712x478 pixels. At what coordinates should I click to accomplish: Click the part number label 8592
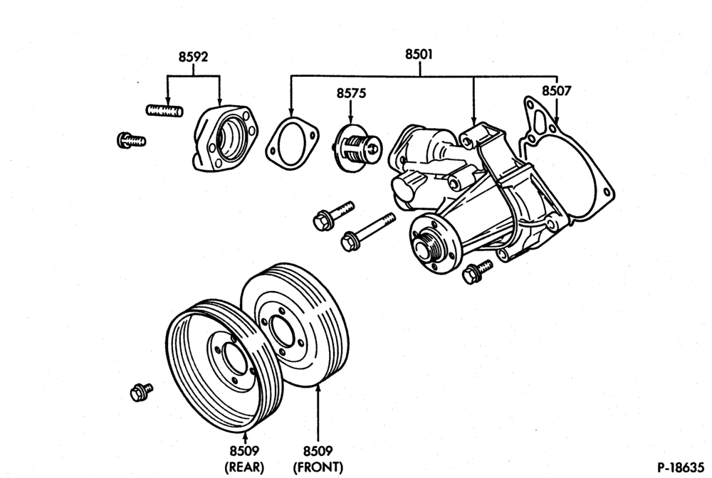coord(193,57)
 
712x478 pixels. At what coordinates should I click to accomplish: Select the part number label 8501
coord(419,55)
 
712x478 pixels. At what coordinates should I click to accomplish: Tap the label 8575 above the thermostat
coord(351,93)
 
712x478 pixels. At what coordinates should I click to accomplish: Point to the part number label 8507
coord(556,91)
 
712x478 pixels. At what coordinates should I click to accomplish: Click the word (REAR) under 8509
coord(244,467)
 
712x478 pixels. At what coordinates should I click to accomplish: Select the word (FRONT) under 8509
coord(318,467)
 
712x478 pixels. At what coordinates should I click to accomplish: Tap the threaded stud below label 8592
coord(164,110)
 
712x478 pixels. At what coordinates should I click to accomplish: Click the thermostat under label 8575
coord(358,148)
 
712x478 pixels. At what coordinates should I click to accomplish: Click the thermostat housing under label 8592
coord(225,138)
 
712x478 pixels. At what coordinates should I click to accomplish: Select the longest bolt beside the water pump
coord(367,232)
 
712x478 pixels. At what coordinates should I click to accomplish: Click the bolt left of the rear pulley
coord(141,392)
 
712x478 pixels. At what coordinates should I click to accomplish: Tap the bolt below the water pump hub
coord(476,271)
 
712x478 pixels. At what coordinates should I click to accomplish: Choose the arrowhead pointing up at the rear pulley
coord(245,437)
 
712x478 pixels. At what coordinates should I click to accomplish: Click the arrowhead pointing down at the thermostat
coord(350,119)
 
